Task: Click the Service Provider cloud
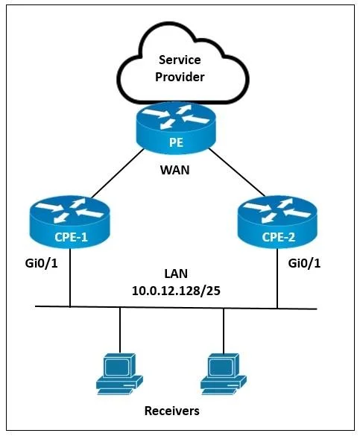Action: (x=182, y=66)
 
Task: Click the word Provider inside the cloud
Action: (x=180, y=77)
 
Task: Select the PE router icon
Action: (x=176, y=127)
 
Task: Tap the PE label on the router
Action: (x=176, y=142)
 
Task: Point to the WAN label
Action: (x=175, y=170)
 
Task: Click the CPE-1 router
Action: (x=70, y=221)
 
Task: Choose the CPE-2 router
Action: (x=277, y=221)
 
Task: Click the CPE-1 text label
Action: (x=71, y=237)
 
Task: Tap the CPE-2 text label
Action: (x=278, y=237)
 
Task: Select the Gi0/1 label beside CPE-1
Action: (x=42, y=263)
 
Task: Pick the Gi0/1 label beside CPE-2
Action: (x=304, y=263)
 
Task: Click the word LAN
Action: (x=176, y=274)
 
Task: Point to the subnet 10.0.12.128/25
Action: (x=176, y=291)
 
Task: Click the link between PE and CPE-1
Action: (x=118, y=173)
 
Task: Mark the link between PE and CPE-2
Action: (x=236, y=172)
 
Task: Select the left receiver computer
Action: (x=119, y=373)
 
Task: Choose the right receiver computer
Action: (x=224, y=373)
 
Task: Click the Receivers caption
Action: (x=171, y=411)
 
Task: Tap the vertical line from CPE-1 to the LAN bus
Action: (x=70, y=277)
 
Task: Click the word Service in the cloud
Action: (x=180, y=60)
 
